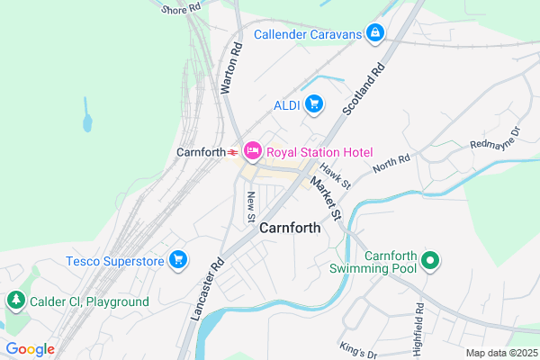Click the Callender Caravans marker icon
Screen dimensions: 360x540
[x=374, y=34]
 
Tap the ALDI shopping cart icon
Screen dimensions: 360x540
[x=313, y=105]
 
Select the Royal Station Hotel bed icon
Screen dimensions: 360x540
[x=251, y=152]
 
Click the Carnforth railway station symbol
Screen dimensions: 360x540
[x=232, y=152]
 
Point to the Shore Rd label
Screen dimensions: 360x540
[x=181, y=10]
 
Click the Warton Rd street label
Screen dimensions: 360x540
[x=231, y=66]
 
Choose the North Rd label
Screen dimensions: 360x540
[x=391, y=166]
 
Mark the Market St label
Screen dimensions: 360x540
[x=326, y=198]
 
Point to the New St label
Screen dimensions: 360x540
[x=251, y=206]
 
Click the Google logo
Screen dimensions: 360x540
[x=30, y=348]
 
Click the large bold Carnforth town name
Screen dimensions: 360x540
[x=290, y=229]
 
